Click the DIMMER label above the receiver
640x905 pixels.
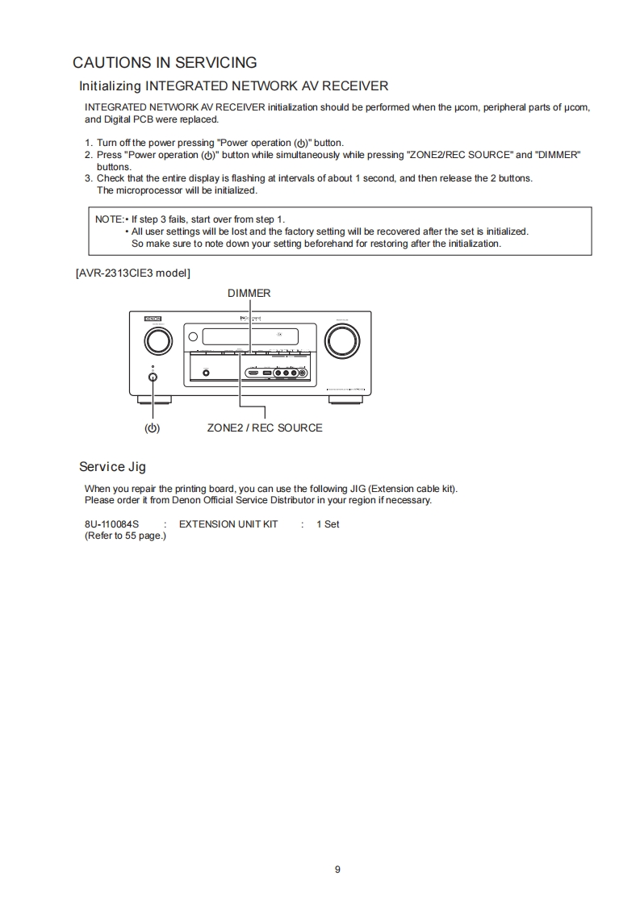point(249,293)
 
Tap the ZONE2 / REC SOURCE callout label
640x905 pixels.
point(265,427)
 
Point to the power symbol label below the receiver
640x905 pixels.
point(152,428)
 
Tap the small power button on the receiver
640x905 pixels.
point(153,377)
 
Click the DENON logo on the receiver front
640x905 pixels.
point(153,319)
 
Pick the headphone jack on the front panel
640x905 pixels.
point(206,373)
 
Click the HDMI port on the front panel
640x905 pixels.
point(253,373)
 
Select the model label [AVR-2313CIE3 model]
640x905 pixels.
point(133,273)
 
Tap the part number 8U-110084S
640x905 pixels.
point(111,524)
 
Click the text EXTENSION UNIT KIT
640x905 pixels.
point(228,524)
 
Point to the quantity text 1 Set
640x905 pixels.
point(328,524)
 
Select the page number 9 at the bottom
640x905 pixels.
point(337,870)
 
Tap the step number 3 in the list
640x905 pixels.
point(88,178)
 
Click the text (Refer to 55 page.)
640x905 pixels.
point(125,536)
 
